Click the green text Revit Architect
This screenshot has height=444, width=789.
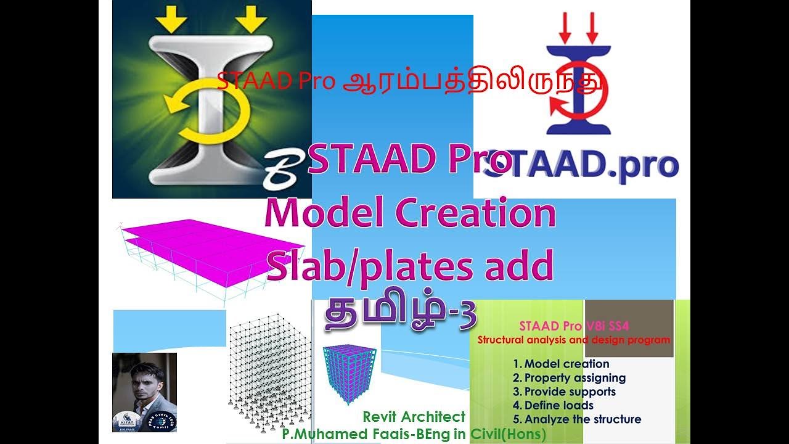[414, 417]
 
